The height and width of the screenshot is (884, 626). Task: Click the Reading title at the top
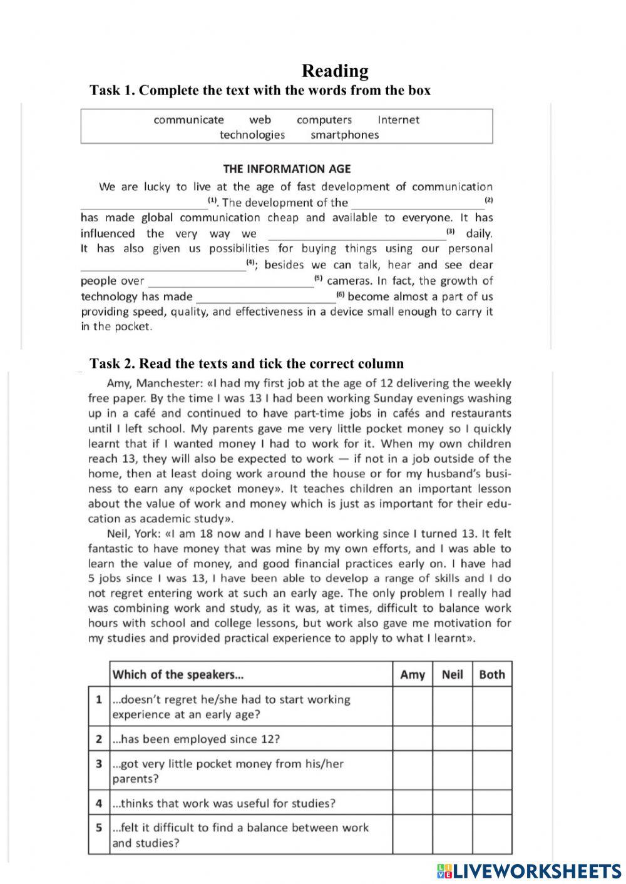click(x=335, y=71)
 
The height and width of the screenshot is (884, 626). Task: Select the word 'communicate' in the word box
click(x=188, y=120)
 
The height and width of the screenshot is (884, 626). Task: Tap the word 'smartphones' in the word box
click(x=344, y=135)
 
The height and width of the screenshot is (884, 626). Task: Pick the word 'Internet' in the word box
click(x=398, y=120)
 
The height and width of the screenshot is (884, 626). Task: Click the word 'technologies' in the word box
click(x=252, y=135)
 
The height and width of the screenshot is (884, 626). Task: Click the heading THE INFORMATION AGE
click(x=287, y=169)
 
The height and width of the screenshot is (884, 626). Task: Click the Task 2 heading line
click(x=247, y=363)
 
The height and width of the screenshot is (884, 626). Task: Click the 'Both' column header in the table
click(x=491, y=674)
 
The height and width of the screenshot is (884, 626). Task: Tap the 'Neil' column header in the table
click(x=452, y=674)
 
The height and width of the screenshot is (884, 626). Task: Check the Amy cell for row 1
click(x=412, y=707)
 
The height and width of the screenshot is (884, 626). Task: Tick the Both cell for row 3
click(x=491, y=771)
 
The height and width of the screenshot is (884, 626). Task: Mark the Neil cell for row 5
click(x=452, y=835)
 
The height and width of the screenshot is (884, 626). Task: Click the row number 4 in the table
click(x=99, y=803)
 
